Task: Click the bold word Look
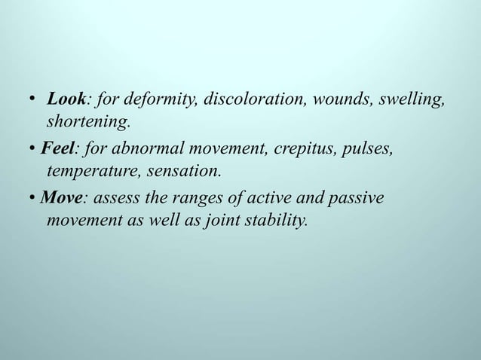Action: (x=66, y=99)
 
